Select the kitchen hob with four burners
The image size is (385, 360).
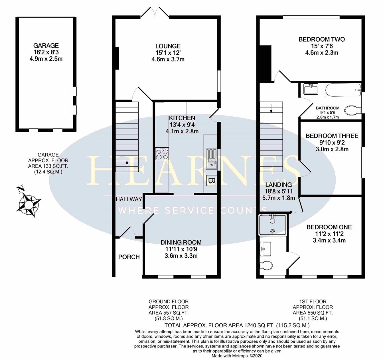tap(162, 154)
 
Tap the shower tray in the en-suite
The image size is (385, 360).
tap(273, 225)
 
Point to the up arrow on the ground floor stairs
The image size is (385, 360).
tap(127, 164)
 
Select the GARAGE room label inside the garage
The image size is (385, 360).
tap(46, 46)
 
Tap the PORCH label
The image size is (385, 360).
tap(129, 257)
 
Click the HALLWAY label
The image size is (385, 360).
tap(129, 200)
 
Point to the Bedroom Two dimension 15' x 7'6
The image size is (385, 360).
tap(321, 46)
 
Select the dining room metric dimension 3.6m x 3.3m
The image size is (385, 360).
tap(181, 256)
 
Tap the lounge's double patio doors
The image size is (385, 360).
tap(156, 13)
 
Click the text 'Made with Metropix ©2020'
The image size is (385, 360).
tap(237, 356)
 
